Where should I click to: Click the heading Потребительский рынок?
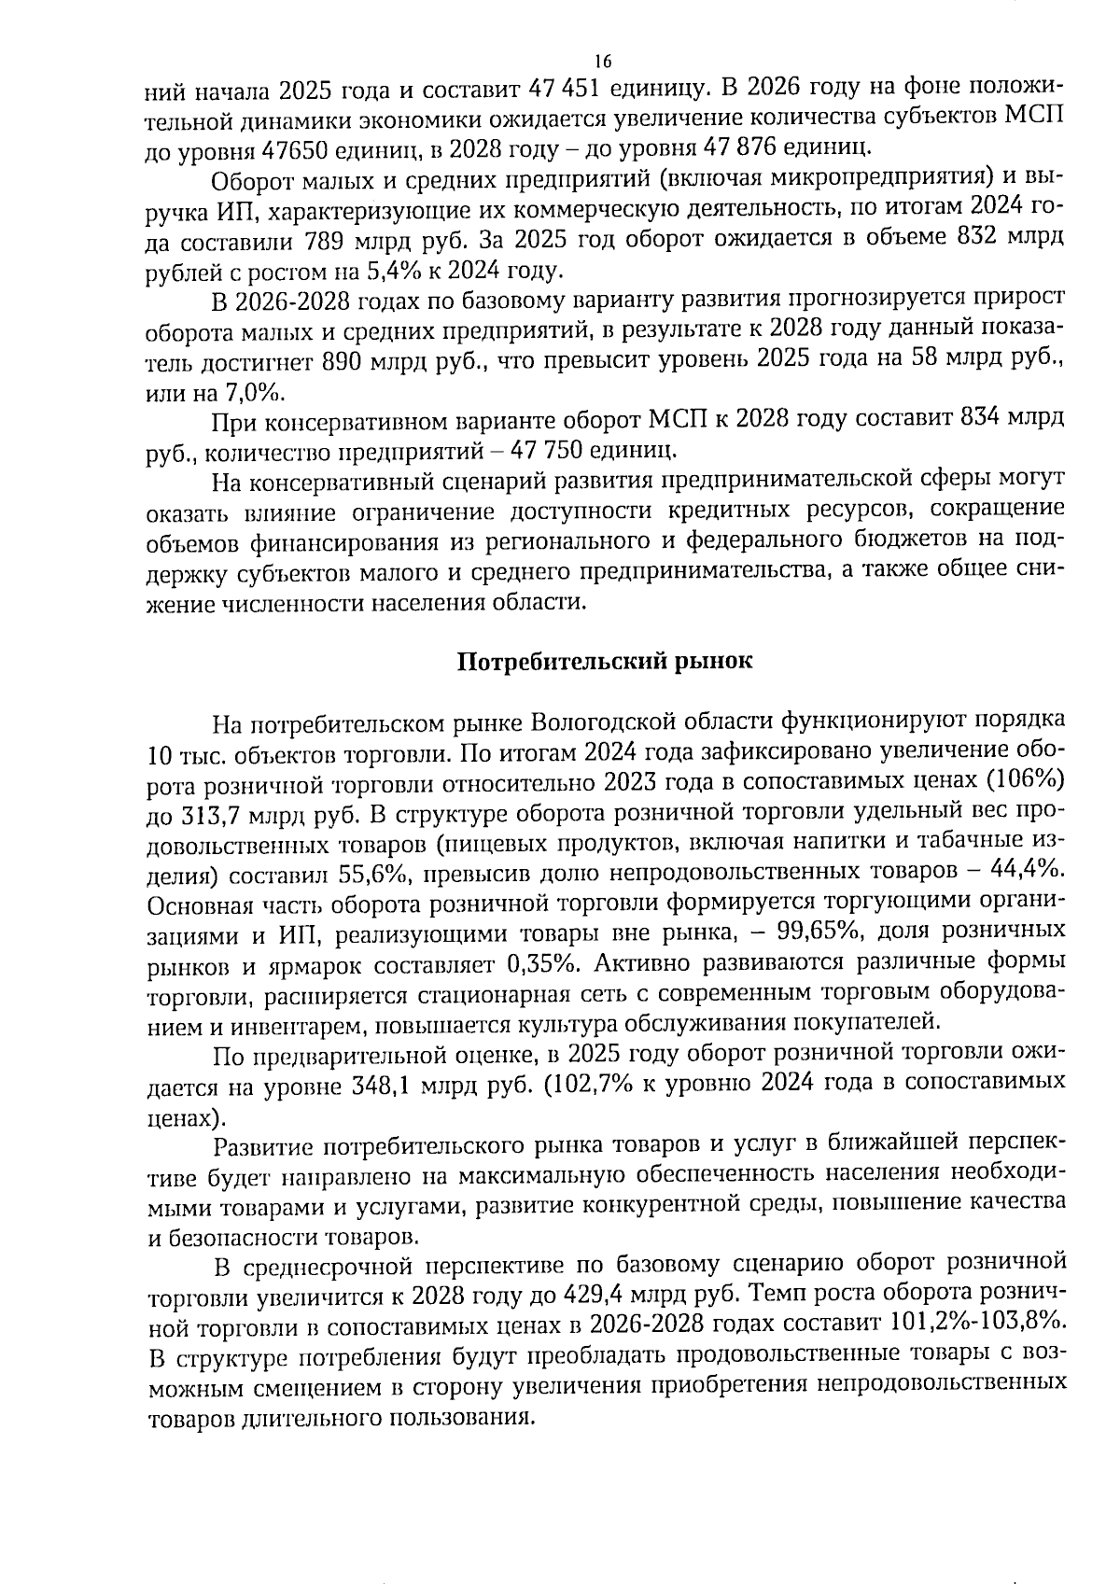point(604,662)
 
